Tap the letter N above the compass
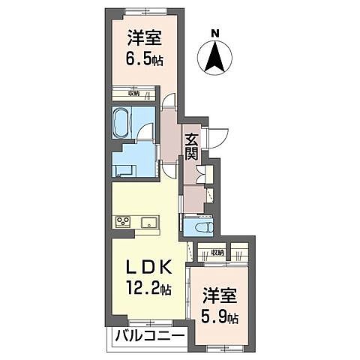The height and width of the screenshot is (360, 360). pos(215,32)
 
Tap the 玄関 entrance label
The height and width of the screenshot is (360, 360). pos(192,145)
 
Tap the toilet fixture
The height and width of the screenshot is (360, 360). pos(199,225)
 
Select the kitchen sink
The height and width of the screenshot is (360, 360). pos(148,221)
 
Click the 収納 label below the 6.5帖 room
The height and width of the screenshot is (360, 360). pos(133,93)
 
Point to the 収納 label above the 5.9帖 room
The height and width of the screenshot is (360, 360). pos(217,253)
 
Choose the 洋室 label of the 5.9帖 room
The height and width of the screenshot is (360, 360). pos(219,295)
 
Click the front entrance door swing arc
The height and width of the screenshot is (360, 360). pos(218,138)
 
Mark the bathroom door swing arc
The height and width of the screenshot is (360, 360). pos(145,132)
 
